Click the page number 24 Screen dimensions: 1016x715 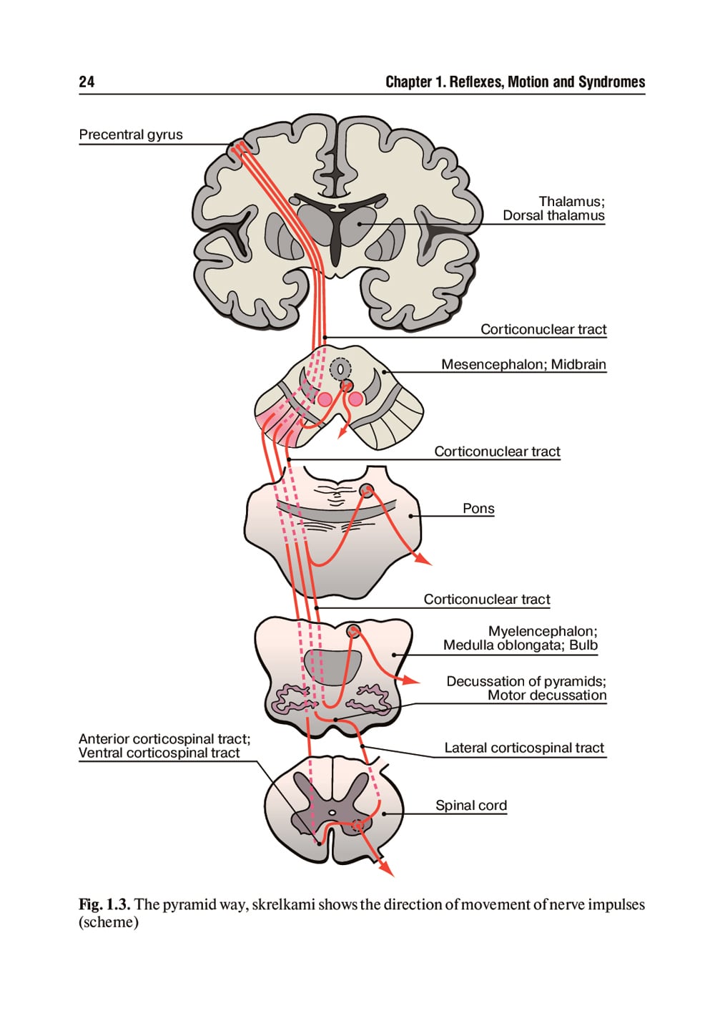point(87,82)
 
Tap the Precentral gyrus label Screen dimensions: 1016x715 point(131,135)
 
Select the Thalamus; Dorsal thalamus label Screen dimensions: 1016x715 point(553,208)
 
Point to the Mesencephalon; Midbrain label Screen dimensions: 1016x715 point(523,364)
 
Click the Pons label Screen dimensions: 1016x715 point(478,509)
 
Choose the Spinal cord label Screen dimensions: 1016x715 point(471,805)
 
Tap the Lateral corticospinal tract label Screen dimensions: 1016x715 point(524,748)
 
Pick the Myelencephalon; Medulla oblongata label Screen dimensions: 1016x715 point(521,638)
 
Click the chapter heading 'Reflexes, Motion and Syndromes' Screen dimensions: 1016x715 point(516,82)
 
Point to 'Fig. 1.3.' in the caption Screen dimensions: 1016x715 point(104,904)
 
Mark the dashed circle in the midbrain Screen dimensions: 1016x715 point(340,369)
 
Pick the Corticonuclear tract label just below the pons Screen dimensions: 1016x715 point(487,600)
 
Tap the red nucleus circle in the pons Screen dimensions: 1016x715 point(367,490)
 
